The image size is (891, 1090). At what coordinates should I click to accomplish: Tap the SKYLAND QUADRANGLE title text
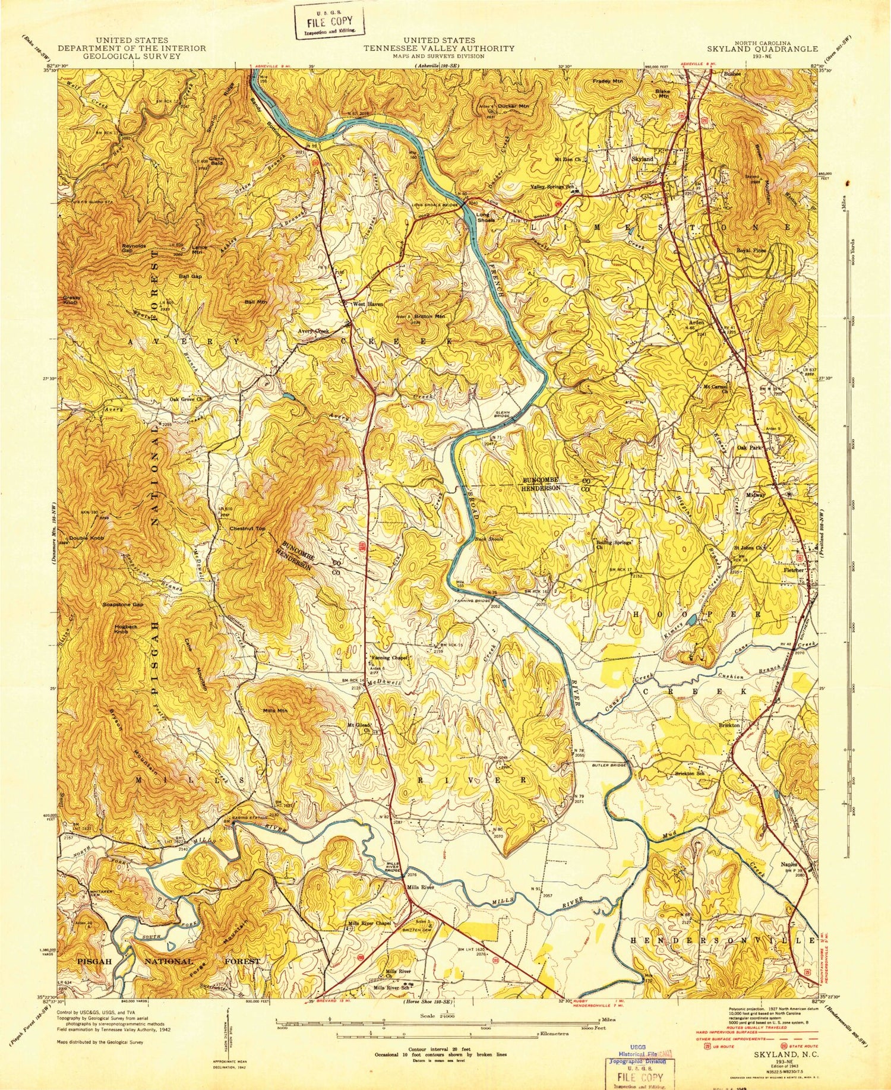770,49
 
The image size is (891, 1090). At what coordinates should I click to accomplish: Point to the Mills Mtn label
274,710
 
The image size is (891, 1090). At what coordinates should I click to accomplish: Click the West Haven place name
368,304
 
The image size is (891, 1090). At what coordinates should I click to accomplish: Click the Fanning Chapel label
389,658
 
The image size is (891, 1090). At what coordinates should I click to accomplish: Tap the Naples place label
789,865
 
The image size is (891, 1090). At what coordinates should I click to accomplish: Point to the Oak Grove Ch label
187,400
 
